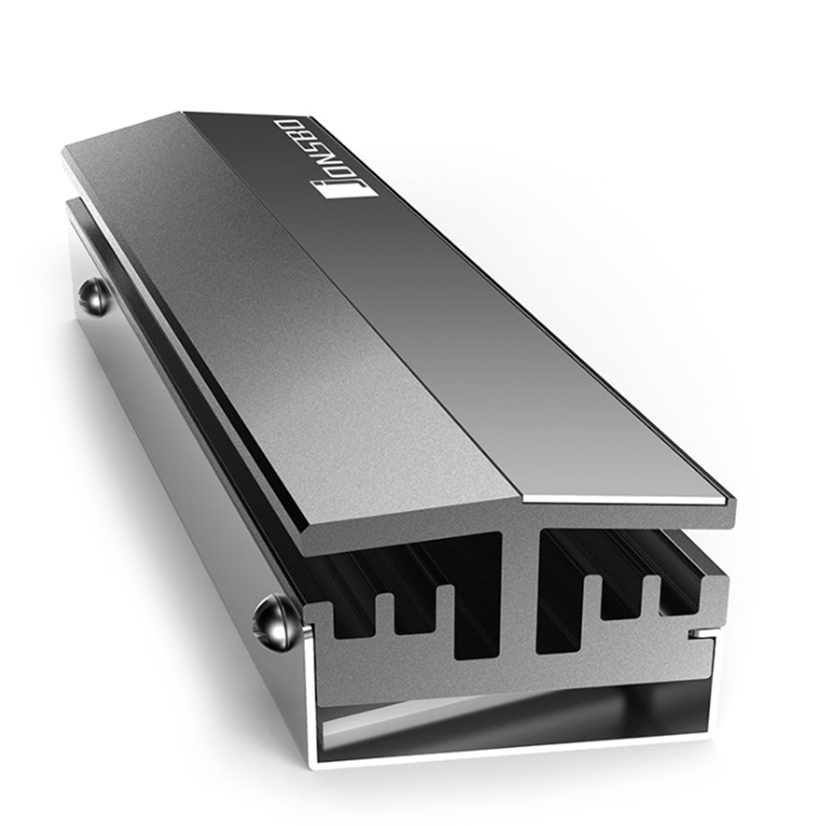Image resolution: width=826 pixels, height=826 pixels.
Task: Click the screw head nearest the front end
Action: coord(272,621)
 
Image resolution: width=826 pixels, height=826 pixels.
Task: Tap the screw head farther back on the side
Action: coord(94,298)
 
